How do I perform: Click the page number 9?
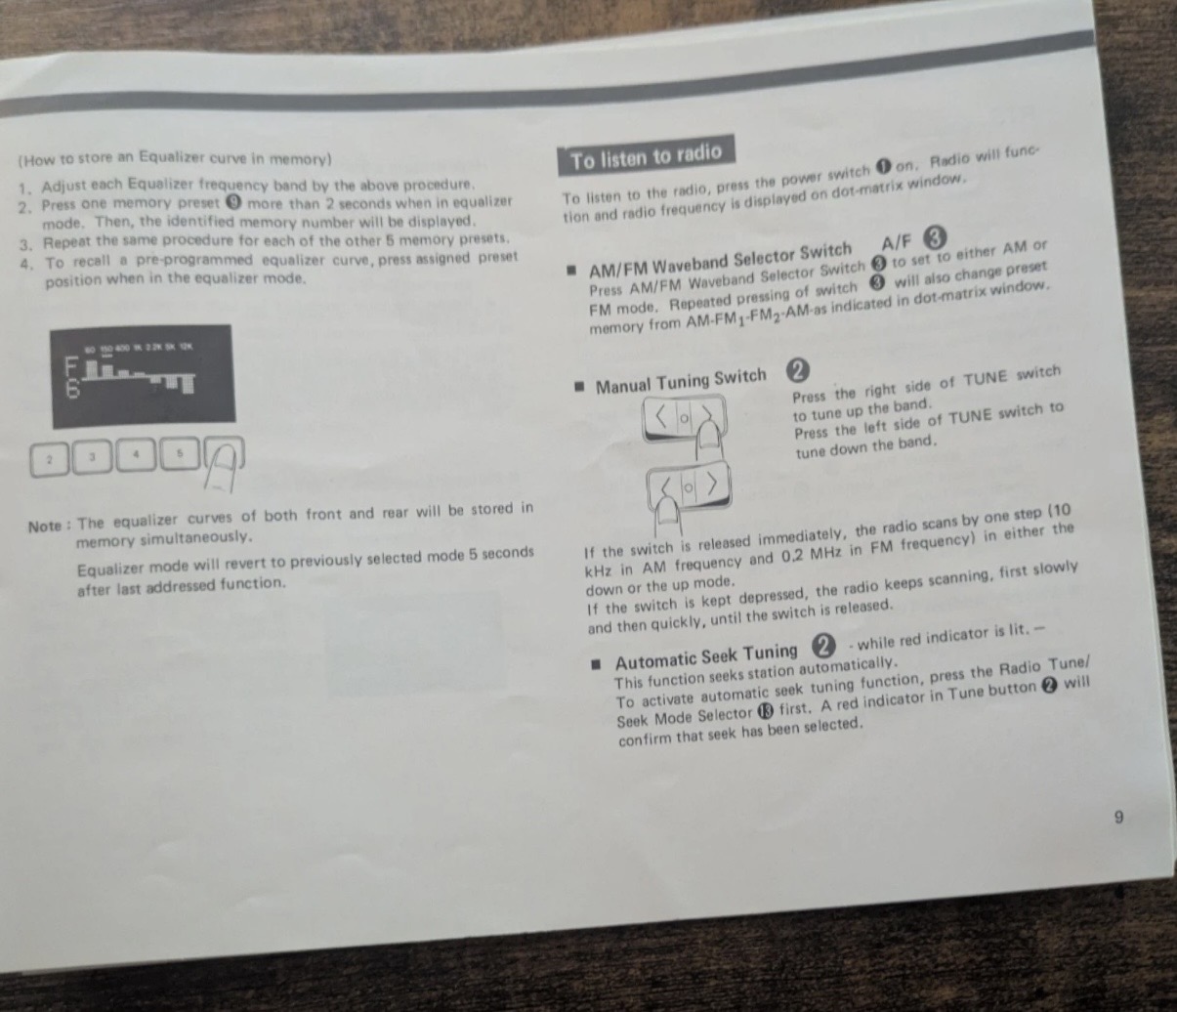1119,818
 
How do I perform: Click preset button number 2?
50,458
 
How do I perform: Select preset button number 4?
137,454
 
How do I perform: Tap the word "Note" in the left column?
45,526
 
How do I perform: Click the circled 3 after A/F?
935,237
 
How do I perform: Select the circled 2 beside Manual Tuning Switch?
798,371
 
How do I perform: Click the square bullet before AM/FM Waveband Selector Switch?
572,271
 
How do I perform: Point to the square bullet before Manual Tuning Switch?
579,387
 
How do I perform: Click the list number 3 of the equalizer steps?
25,242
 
